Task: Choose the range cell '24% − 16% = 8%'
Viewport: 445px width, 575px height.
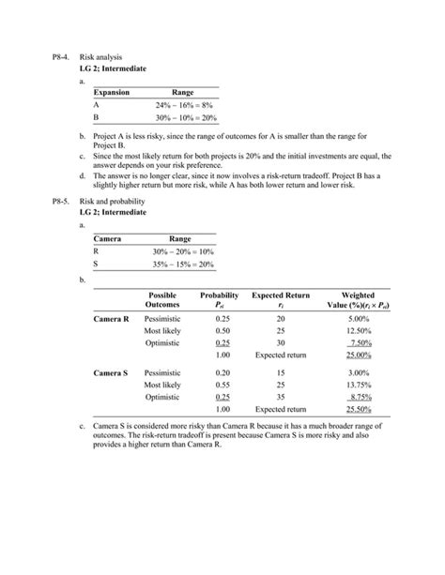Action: pyautogui.click(x=185, y=106)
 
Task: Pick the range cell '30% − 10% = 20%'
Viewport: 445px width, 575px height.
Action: pyautogui.click(x=185, y=119)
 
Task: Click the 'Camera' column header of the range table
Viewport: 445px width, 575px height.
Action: pyautogui.click(x=109, y=239)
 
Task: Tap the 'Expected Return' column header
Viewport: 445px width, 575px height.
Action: pyautogui.click(x=281, y=295)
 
